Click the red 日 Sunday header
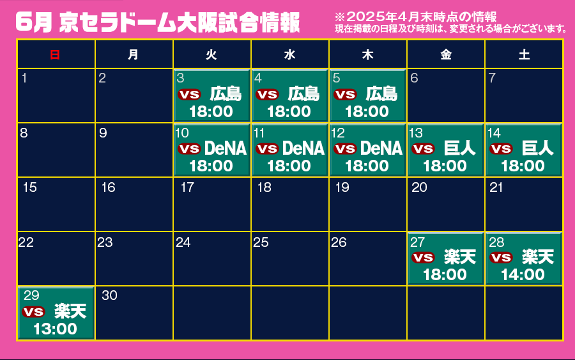(55, 55)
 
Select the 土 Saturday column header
(524, 55)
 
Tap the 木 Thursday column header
(367, 55)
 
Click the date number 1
(24, 78)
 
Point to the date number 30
(109, 295)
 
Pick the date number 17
(187, 187)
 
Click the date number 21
(496, 187)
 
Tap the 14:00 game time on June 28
(523, 274)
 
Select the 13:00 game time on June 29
(55, 329)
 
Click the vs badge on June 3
(189, 94)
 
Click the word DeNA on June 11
(303, 148)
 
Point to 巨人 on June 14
(537, 148)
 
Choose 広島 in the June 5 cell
(381, 94)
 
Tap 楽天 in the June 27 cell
(460, 257)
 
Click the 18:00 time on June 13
(445, 166)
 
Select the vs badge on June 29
(33, 311)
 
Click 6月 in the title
(34, 22)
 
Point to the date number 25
(261, 242)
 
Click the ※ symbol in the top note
(340, 17)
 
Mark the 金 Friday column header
(445, 55)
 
